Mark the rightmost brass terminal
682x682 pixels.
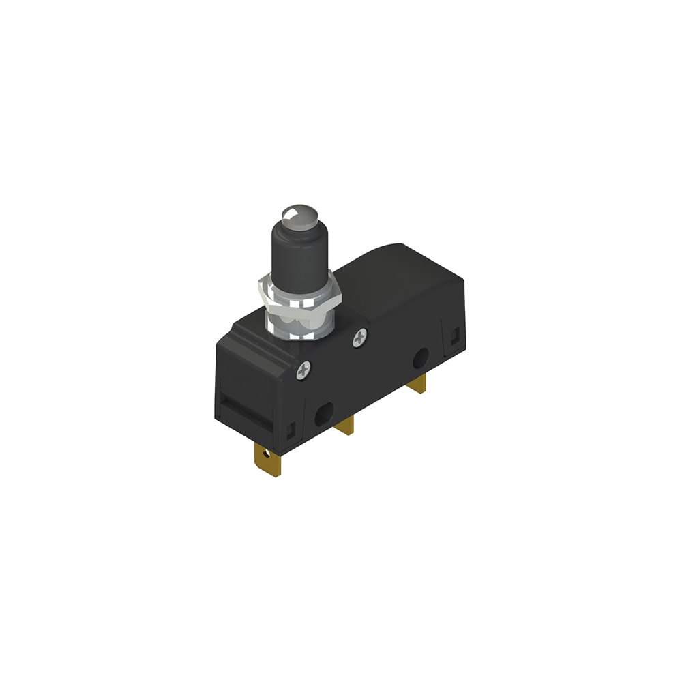(417, 384)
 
